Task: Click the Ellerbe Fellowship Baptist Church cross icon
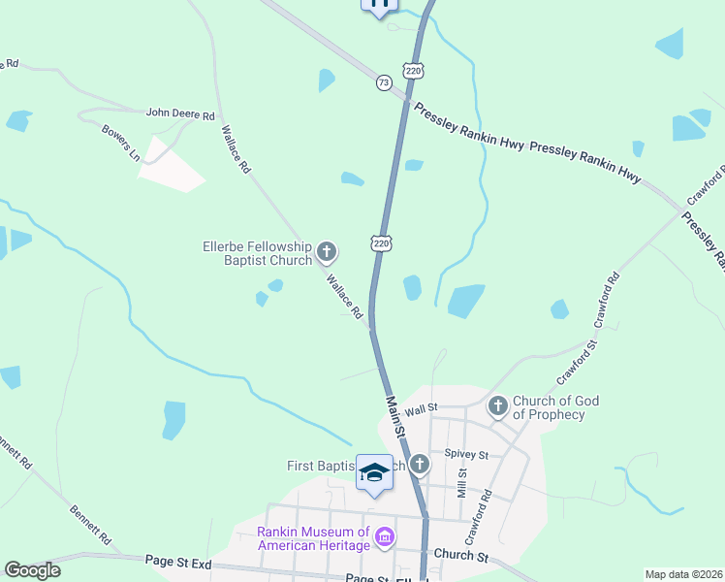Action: point(327,253)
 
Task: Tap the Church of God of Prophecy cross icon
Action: point(497,406)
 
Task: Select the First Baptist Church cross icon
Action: point(419,465)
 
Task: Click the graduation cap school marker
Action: point(374,473)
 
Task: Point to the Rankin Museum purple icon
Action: point(385,536)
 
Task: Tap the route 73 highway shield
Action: point(384,83)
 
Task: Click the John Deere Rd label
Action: point(179,114)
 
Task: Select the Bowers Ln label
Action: point(121,142)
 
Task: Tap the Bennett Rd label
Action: point(90,523)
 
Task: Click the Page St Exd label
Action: point(178,561)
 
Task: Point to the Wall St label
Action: point(423,411)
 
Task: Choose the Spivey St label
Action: point(464,454)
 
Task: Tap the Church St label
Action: point(460,556)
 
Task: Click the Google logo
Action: point(32,570)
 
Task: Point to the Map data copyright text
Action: point(683,574)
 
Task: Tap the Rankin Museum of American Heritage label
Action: point(313,538)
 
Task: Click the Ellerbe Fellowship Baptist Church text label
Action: point(257,253)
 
